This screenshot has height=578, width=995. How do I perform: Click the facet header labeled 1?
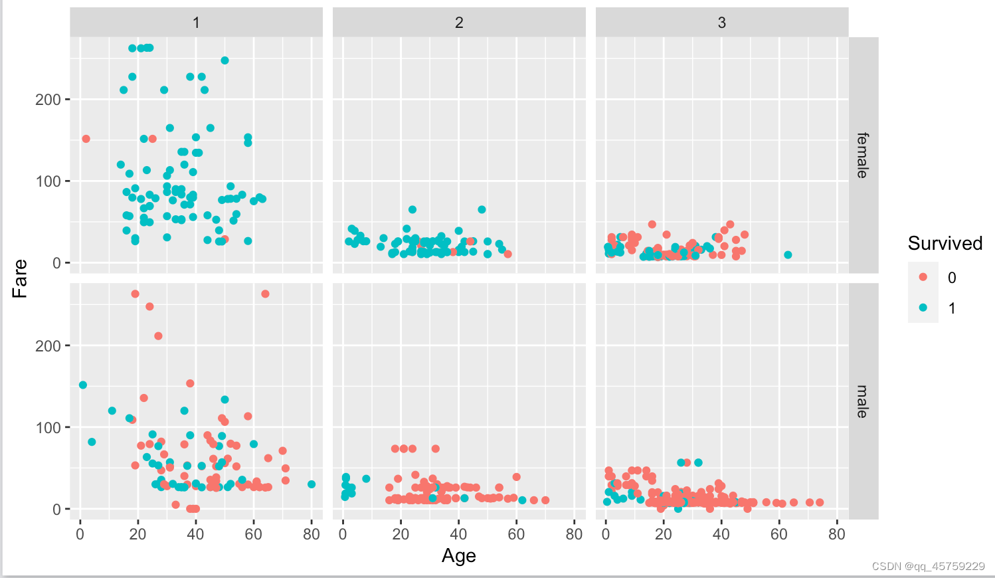click(x=196, y=23)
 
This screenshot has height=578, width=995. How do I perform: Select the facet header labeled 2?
click(x=459, y=23)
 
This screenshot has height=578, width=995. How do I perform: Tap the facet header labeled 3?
click(x=722, y=23)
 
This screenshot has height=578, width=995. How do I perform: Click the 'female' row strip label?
click(x=863, y=155)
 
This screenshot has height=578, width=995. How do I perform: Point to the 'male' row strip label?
click(x=863, y=401)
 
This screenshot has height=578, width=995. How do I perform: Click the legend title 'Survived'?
click(x=945, y=243)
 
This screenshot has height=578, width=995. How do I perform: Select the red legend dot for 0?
click(x=923, y=277)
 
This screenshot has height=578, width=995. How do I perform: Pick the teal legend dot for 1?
click(x=923, y=308)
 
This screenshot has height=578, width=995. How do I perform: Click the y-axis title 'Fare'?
click(x=20, y=278)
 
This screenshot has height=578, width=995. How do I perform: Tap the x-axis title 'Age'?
click(x=459, y=555)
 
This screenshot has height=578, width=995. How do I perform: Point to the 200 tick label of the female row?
click(x=48, y=100)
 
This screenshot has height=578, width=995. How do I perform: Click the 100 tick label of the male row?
click(x=48, y=428)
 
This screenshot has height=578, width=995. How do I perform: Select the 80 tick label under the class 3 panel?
click(x=837, y=534)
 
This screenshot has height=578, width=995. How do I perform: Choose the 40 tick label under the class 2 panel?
click(x=458, y=534)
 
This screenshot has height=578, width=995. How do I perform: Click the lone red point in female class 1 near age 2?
click(x=86, y=139)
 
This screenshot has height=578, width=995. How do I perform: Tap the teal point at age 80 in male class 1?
click(x=312, y=484)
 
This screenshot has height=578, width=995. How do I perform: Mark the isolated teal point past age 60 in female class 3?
click(x=788, y=255)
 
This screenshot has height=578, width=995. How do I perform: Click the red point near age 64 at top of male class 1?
click(x=265, y=294)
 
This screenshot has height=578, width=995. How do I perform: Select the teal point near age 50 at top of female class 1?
click(x=225, y=60)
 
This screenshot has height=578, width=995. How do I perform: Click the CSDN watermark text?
click(x=928, y=567)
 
